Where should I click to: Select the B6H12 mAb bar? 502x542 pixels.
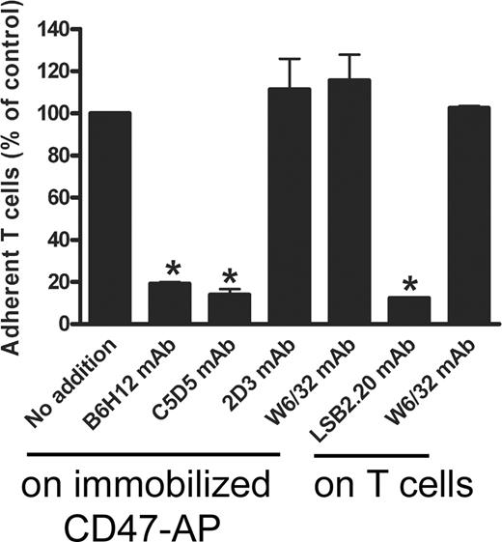click(x=168, y=303)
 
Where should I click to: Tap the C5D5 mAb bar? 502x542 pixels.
click(x=229, y=309)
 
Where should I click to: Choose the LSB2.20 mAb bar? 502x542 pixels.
click(x=408, y=311)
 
